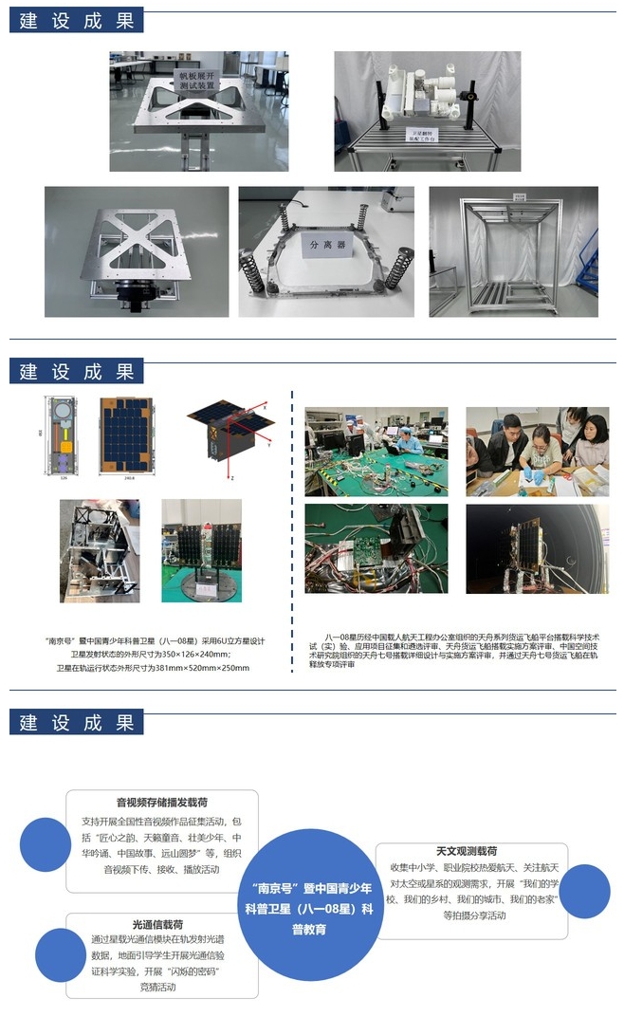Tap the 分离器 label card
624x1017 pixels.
tap(327, 242)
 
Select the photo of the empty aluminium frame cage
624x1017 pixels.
tap(513, 250)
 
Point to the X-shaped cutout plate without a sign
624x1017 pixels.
tap(137, 251)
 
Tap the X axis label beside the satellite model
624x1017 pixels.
tap(265, 405)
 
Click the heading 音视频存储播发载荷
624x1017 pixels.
tap(162, 802)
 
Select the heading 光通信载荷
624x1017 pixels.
tap(158, 924)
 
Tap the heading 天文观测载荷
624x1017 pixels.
tap(466, 851)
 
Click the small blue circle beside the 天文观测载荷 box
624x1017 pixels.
tap(584, 891)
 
